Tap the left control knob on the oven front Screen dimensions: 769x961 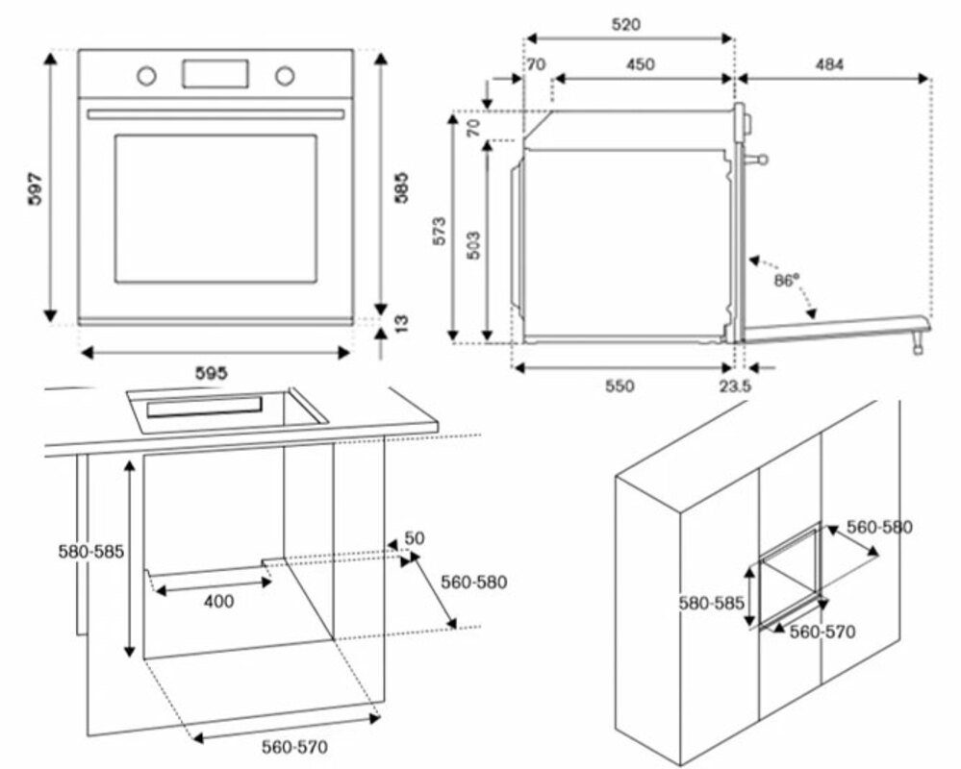[146, 74]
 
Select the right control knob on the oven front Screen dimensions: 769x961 [285, 74]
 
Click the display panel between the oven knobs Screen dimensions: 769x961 [215, 72]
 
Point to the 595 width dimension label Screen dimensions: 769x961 [212, 372]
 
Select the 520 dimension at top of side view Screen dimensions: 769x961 [626, 24]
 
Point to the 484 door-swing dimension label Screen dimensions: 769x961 [829, 64]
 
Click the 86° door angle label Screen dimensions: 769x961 [787, 281]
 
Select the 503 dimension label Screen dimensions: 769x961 [472, 247]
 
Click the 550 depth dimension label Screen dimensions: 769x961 [620, 385]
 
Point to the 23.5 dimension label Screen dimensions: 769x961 [736, 385]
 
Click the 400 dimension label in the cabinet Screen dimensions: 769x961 [218, 602]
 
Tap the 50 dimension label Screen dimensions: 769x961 [414, 538]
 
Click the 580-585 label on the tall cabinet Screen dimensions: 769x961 [713, 604]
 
